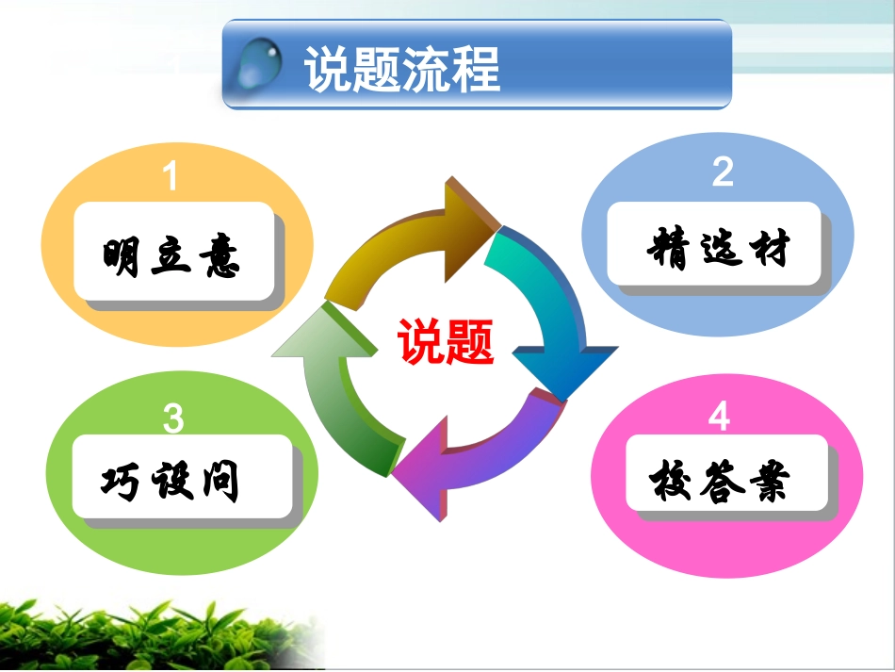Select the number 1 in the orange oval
coord(171,176)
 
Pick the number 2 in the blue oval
coord(723,172)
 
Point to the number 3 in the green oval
coord(172,418)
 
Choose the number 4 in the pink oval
coord(720,416)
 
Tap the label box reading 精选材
coord(718,248)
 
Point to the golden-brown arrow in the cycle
coord(415,243)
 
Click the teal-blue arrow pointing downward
coord(546,311)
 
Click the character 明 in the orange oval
coord(124,254)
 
